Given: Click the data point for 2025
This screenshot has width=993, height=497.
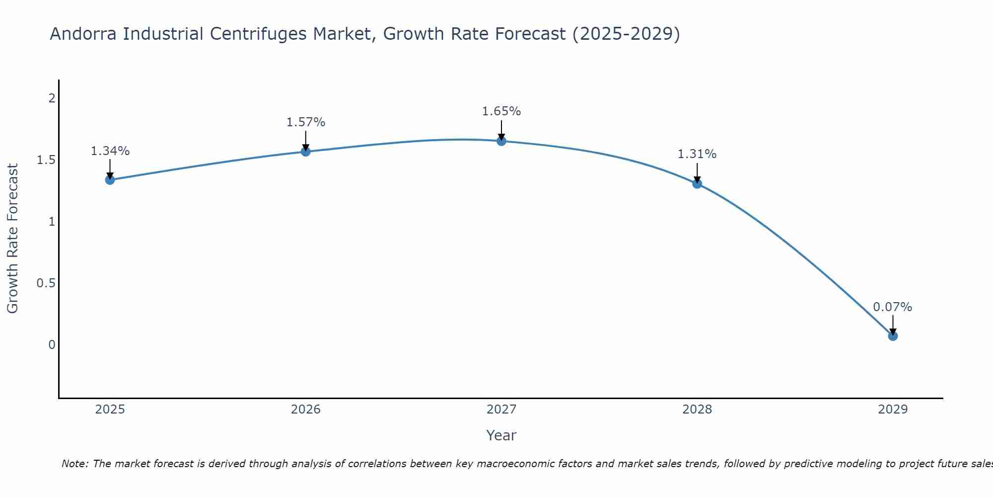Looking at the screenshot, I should [110, 180].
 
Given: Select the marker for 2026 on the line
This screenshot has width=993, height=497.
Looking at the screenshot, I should [306, 152].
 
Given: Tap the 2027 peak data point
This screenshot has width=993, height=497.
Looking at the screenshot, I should [501, 141].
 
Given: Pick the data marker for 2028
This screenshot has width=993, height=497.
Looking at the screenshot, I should [697, 184].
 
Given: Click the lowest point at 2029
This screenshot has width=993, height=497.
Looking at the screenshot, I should [893, 336].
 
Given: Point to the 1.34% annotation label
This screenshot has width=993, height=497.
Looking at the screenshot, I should [110, 151].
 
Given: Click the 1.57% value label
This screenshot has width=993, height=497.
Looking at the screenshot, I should [306, 122].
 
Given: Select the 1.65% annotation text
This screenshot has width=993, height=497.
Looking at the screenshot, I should [501, 111].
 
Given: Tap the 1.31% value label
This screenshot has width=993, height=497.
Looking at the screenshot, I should [697, 155].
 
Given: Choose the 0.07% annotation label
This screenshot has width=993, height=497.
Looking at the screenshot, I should [893, 307].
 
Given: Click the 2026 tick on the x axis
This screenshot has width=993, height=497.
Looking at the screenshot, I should [306, 410].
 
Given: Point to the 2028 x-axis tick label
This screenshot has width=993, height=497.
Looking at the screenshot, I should [697, 410].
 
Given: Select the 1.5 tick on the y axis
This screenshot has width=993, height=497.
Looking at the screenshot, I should [46, 160].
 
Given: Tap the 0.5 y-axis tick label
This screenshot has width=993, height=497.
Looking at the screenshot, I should [46, 283].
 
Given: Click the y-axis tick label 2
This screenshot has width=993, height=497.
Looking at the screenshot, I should [52, 98].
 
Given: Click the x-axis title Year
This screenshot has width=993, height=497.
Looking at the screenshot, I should [501, 435].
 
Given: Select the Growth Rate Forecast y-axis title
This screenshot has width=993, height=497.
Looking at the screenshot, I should [13, 239].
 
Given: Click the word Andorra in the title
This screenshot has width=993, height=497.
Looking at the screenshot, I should [84, 34].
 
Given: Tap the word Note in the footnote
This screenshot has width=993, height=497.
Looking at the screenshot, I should [74, 464].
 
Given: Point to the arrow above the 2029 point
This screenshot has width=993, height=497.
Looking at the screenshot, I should [893, 324].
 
